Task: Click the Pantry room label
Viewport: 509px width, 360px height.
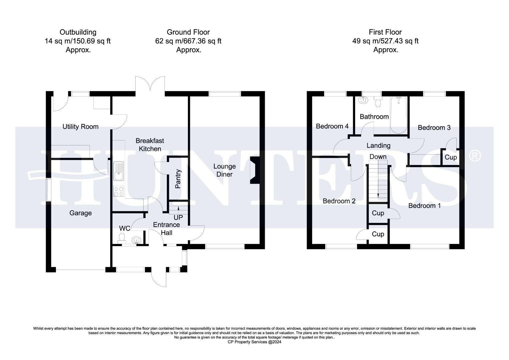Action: point(178,179)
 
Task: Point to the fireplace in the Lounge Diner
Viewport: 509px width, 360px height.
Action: point(254,170)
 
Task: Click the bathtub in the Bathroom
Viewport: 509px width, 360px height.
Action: point(398,115)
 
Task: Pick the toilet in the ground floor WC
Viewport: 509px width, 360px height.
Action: point(122,237)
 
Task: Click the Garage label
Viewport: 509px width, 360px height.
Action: point(80,213)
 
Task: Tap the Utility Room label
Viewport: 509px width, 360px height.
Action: point(80,127)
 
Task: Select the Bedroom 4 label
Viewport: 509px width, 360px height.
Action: point(332,126)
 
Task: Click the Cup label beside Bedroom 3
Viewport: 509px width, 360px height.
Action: point(451,157)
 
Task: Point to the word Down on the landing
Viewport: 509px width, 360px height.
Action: point(378,157)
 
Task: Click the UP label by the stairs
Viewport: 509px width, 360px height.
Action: point(179,217)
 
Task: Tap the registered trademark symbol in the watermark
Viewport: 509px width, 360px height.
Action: point(475,156)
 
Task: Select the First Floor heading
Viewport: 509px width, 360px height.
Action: point(385,32)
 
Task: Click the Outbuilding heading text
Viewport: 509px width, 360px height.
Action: point(78,32)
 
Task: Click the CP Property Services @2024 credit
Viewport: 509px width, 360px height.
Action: point(254,342)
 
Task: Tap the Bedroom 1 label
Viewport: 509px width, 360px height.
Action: point(424,206)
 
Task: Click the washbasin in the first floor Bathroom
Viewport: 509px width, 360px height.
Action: point(363,100)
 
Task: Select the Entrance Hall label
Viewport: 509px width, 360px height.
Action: point(167,229)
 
